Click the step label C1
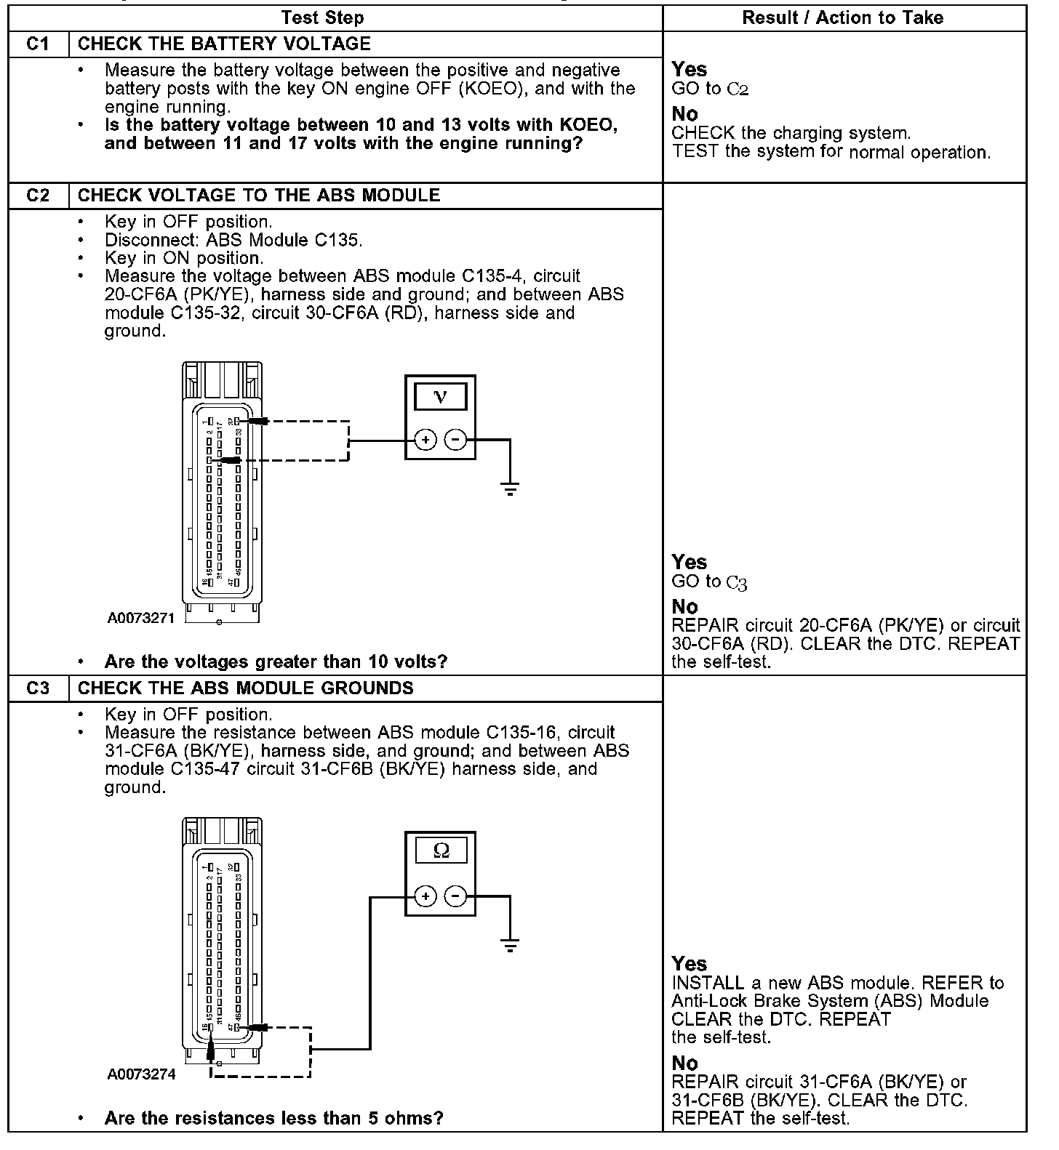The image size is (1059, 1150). [38, 44]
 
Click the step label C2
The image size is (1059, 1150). [38, 196]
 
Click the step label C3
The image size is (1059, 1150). [38, 688]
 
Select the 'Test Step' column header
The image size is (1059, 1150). [322, 17]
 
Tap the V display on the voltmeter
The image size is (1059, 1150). [440, 397]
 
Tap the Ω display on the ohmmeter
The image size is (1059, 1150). [440, 851]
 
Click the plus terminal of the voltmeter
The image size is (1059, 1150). [425, 440]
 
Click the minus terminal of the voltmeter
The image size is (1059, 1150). [455, 440]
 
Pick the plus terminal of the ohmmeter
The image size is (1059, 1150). [425, 896]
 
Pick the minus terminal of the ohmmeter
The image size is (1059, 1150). [455, 896]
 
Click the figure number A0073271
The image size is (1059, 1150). [141, 618]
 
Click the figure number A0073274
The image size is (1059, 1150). [141, 1074]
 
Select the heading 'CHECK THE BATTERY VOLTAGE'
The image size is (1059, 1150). [224, 44]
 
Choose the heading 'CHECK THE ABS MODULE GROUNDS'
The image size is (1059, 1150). [245, 688]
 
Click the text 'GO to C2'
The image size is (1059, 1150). [710, 89]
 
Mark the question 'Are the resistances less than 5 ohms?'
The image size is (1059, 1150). [273, 1118]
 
